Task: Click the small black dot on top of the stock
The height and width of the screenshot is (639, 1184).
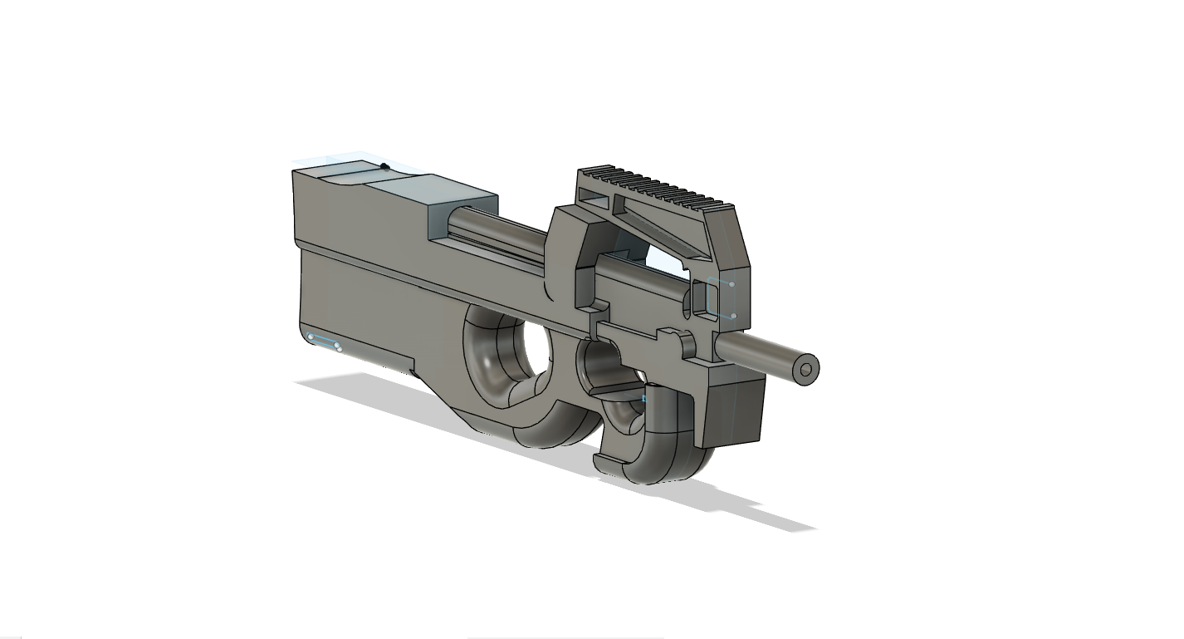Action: pyautogui.click(x=384, y=166)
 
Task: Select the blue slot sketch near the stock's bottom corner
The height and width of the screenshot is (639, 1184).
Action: pyautogui.click(x=324, y=342)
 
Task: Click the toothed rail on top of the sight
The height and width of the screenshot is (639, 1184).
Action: pyautogui.click(x=656, y=186)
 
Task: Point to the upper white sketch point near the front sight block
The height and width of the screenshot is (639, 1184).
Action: pyautogui.click(x=731, y=284)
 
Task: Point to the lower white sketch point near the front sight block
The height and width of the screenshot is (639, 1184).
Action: pyautogui.click(x=731, y=316)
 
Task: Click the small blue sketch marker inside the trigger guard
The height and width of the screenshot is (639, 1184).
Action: pyautogui.click(x=644, y=400)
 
